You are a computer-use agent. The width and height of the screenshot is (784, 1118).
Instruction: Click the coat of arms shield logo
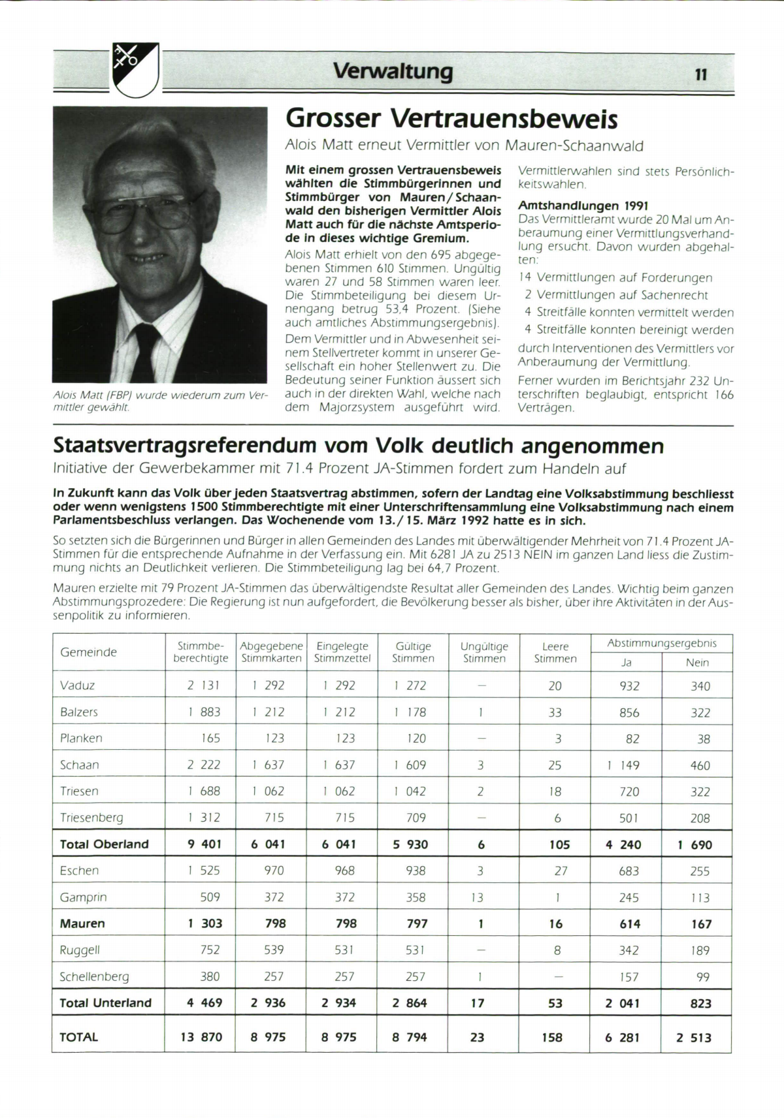[136, 69]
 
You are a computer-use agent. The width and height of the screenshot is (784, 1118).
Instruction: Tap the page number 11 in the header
[701, 74]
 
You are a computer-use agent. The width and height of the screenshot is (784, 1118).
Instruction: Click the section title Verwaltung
[393, 70]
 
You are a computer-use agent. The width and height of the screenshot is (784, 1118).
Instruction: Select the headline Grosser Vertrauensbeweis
[451, 119]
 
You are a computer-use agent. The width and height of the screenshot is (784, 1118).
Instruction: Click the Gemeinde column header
[88, 652]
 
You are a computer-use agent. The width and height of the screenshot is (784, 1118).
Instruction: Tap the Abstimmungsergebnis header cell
[661, 643]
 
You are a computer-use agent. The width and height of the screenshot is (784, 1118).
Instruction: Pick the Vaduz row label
[77, 685]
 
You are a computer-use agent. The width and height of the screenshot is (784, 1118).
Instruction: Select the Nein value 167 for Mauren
[700, 924]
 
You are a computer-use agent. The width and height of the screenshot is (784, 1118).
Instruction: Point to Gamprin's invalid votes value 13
[477, 897]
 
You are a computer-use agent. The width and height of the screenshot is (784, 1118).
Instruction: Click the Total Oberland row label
[104, 844]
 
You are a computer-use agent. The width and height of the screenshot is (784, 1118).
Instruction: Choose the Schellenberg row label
[94, 976]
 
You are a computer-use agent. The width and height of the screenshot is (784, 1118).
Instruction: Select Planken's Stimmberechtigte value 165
[210, 738]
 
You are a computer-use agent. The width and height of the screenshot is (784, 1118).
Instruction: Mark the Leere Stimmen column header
[555, 652]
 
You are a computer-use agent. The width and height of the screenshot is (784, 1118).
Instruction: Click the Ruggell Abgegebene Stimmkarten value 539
[274, 950]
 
